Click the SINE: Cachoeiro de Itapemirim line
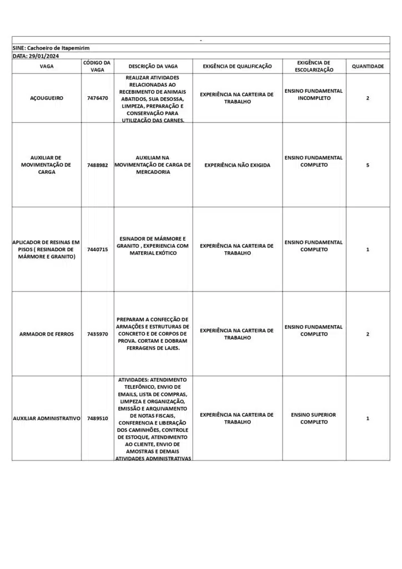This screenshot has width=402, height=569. (x=51, y=48)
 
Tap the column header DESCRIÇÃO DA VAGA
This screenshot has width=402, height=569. (x=153, y=66)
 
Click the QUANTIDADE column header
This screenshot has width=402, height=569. (x=368, y=66)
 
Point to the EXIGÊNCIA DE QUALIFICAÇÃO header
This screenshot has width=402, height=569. (x=237, y=66)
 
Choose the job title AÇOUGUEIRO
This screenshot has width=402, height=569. (x=47, y=98)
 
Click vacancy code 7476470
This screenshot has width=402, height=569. (x=97, y=98)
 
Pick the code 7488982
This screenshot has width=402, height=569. (x=97, y=164)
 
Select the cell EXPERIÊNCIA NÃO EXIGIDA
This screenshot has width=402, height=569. (x=237, y=165)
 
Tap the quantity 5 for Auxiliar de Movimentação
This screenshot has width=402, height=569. (x=368, y=164)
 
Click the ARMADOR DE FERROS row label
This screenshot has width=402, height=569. (x=47, y=334)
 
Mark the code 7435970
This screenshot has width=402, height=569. (x=97, y=334)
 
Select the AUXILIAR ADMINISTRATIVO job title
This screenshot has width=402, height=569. (x=47, y=418)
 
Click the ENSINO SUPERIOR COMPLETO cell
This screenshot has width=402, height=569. (x=314, y=418)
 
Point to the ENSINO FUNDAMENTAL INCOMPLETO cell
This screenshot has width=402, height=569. (x=314, y=94)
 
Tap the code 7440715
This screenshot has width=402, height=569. (x=97, y=249)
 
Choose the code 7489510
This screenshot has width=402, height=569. (x=97, y=418)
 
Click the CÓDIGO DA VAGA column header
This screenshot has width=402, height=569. (x=97, y=66)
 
